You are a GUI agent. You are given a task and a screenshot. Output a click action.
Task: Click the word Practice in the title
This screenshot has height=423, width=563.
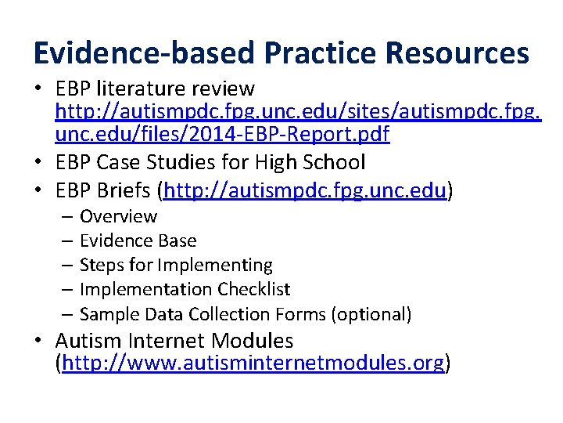pos(311,53)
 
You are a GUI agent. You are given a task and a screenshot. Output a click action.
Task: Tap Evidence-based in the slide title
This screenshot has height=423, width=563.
pos(144,53)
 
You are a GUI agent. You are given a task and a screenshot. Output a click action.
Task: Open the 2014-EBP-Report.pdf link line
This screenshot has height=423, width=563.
pos(222,135)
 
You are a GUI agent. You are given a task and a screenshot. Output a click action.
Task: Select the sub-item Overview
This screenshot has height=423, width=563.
pos(118,216)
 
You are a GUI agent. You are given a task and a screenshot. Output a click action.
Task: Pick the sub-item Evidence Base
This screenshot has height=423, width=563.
pos(138,240)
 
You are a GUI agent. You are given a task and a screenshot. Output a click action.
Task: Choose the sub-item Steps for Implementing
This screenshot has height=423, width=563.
pos(176,265)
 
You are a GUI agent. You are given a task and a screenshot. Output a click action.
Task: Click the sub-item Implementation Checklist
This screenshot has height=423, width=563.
pos(185,289)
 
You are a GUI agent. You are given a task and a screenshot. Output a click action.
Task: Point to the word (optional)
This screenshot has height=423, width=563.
pos(371,314)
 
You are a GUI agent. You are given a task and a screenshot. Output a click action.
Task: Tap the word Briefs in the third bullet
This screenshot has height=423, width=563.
pos(124,190)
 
